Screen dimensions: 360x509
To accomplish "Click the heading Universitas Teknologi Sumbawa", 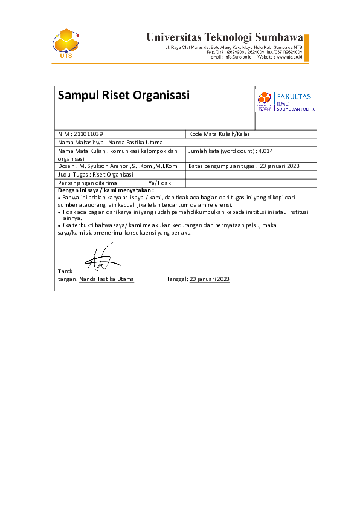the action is [224, 36].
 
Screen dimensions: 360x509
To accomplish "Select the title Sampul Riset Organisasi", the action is [123, 95].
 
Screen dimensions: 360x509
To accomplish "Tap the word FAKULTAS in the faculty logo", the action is [294, 96].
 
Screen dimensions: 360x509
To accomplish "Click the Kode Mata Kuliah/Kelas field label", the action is [219, 134].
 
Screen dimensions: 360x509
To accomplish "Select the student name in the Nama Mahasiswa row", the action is [137, 142].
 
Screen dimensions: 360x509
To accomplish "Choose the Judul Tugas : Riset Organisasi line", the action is [95, 174].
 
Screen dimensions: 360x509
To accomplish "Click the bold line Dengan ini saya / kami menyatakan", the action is [106, 190].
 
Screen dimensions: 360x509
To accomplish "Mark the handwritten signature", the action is [101, 259].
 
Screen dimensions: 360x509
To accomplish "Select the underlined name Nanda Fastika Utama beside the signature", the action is [107, 279].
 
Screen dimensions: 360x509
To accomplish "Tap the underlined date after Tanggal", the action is [210, 279].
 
